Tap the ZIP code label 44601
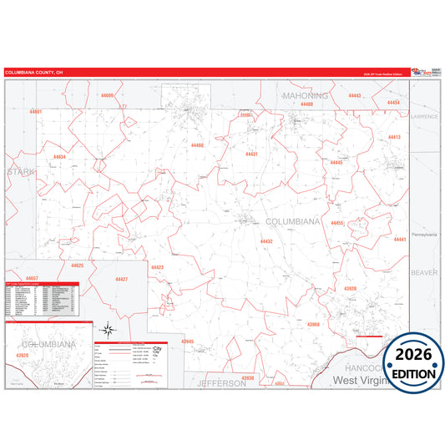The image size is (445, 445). pos(35,111)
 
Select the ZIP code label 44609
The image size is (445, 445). pos(107,97)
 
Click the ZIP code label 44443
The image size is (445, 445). pos(354,96)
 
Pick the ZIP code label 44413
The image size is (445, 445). pos(394,137)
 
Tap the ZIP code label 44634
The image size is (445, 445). pos(59,156)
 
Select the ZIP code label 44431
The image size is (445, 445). pos(252,154)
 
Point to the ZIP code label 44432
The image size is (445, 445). pos(266,240)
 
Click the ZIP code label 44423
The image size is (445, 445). pos(157,267)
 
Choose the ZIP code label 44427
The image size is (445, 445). pos(122,279)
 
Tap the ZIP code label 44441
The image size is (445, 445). pos(399,240)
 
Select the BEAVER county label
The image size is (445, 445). pos(423,273)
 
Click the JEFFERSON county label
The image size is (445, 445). pos(221,383)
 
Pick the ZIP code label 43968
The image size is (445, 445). pos(313,324)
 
